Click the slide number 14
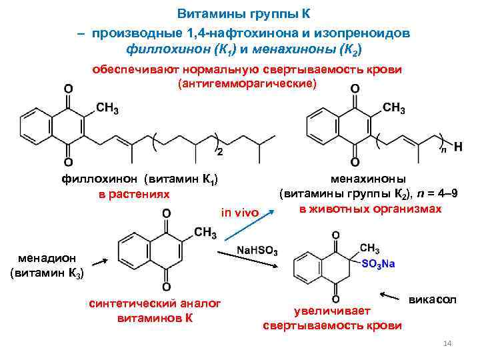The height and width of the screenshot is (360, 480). click(448, 343)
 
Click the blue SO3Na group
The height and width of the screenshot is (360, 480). click(378, 263)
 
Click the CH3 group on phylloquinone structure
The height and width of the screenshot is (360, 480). click(107, 109)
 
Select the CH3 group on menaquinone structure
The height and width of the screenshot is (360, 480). click(393, 109)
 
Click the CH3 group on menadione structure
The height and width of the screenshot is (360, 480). click(205, 233)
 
